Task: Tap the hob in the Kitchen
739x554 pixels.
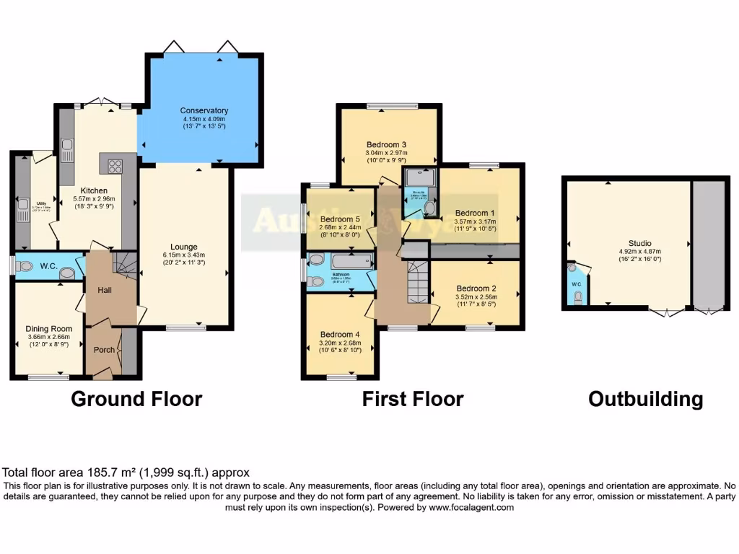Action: click(115, 166)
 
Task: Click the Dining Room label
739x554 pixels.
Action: click(49, 328)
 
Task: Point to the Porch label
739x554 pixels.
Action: click(105, 350)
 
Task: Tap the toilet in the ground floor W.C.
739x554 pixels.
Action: click(67, 273)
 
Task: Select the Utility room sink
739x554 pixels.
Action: click(22, 209)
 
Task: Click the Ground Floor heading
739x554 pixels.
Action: click(136, 399)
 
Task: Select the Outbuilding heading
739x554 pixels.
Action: click(645, 399)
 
